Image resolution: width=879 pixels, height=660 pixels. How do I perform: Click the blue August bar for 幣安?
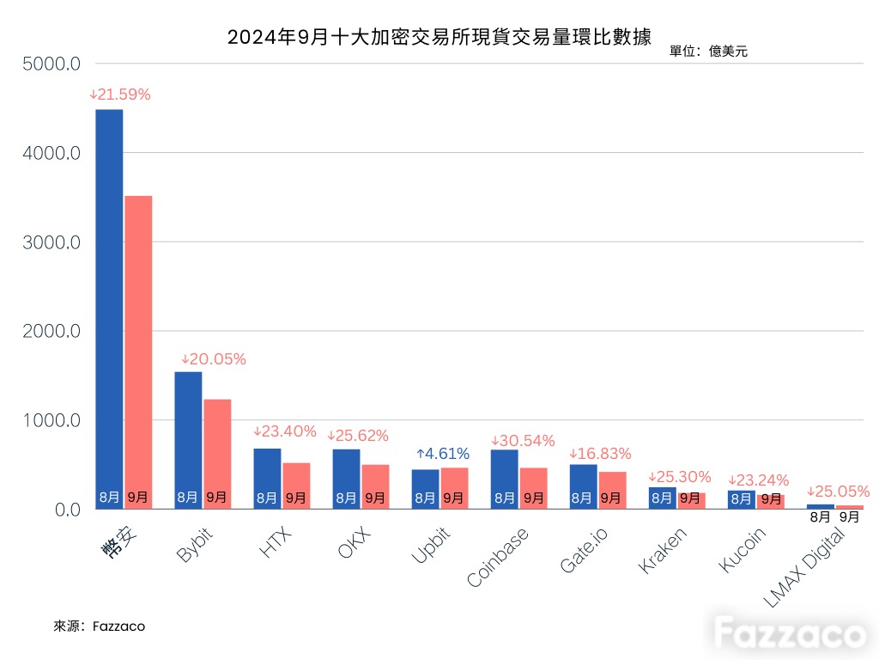pos(109,309)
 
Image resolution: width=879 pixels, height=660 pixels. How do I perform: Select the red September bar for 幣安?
pos(138,352)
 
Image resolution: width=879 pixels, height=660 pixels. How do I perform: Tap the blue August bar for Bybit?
pos(188,441)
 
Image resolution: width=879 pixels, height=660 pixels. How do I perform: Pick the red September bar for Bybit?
pos(217,454)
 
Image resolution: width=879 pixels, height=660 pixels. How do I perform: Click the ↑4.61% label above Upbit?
pos(443,454)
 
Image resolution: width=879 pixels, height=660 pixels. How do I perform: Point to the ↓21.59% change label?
pos(120,95)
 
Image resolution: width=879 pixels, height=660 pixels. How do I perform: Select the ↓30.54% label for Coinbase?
pos(523,441)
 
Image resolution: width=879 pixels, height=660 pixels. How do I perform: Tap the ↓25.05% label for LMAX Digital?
pos(839,492)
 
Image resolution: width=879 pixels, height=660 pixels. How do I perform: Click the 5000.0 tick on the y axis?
pos(52,64)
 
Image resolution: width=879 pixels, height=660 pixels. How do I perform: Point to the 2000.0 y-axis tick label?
pos(52,331)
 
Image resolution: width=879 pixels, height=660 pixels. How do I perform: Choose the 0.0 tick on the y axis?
pos(68,510)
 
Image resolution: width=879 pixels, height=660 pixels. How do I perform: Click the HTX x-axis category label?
pos(276,542)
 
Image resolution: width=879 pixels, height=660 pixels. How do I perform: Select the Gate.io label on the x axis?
pos(584,550)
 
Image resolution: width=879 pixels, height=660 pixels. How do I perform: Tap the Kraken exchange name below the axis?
pos(663,551)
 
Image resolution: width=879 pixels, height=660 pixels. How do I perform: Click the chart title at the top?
pos(439,37)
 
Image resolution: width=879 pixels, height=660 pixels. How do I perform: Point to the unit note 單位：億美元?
pos(708,51)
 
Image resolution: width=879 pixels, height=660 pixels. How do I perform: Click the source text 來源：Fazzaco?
pos(100,626)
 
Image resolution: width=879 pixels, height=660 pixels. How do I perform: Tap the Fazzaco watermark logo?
pos(790,633)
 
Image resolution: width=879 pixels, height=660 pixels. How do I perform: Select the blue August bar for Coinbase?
pos(505,480)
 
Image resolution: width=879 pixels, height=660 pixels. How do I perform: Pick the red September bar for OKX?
pos(376,487)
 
